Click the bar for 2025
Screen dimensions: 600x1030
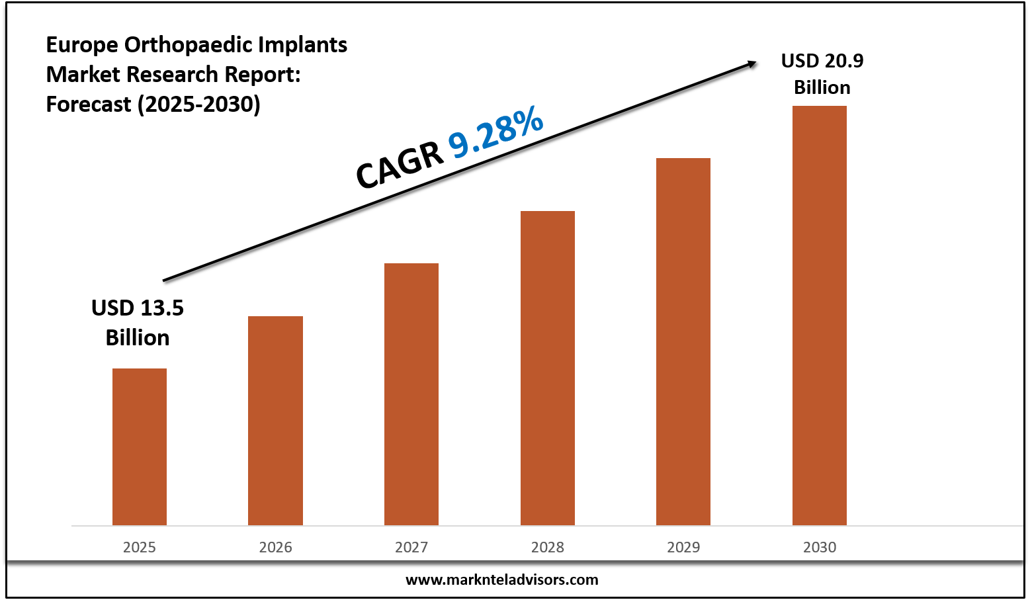click(140, 447)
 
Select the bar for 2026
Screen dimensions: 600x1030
click(275, 421)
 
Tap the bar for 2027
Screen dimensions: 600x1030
click(411, 394)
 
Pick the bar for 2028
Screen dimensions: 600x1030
click(548, 368)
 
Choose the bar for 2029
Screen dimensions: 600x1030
click(683, 341)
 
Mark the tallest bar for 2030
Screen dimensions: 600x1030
click(820, 316)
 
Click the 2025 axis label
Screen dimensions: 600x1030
click(140, 547)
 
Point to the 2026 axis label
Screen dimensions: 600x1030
click(275, 547)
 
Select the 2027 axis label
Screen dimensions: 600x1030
click(411, 547)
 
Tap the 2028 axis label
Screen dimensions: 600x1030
click(548, 547)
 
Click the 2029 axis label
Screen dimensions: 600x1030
click(683, 547)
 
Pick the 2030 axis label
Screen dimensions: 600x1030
click(820, 547)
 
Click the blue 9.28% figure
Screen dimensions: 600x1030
click(496, 134)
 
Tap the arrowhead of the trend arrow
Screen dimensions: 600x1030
click(752, 64)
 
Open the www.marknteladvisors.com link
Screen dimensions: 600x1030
click(501, 580)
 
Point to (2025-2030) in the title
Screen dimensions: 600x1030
click(198, 104)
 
